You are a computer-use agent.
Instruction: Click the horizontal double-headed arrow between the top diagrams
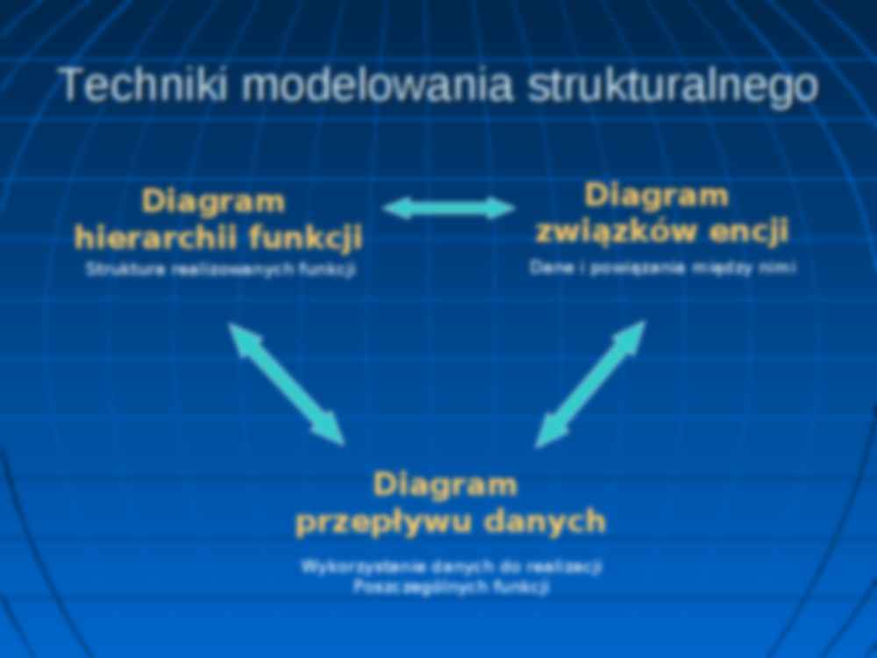(x=449, y=208)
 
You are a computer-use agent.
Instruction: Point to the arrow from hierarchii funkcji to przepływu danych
(x=287, y=383)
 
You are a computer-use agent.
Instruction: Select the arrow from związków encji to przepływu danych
(x=590, y=383)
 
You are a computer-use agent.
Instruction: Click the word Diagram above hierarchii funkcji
(x=214, y=201)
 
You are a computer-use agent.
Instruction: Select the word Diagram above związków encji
(x=657, y=196)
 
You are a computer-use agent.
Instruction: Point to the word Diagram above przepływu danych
(x=445, y=484)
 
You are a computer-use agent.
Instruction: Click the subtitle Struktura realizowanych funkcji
(x=220, y=270)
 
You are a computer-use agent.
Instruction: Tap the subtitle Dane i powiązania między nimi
(x=662, y=268)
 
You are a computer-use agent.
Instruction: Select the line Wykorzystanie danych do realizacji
(x=451, y=567)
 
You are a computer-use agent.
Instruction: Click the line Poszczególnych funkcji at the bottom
(x=451, y=588)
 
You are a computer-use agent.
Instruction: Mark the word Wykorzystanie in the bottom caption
(x=345, y=567)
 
